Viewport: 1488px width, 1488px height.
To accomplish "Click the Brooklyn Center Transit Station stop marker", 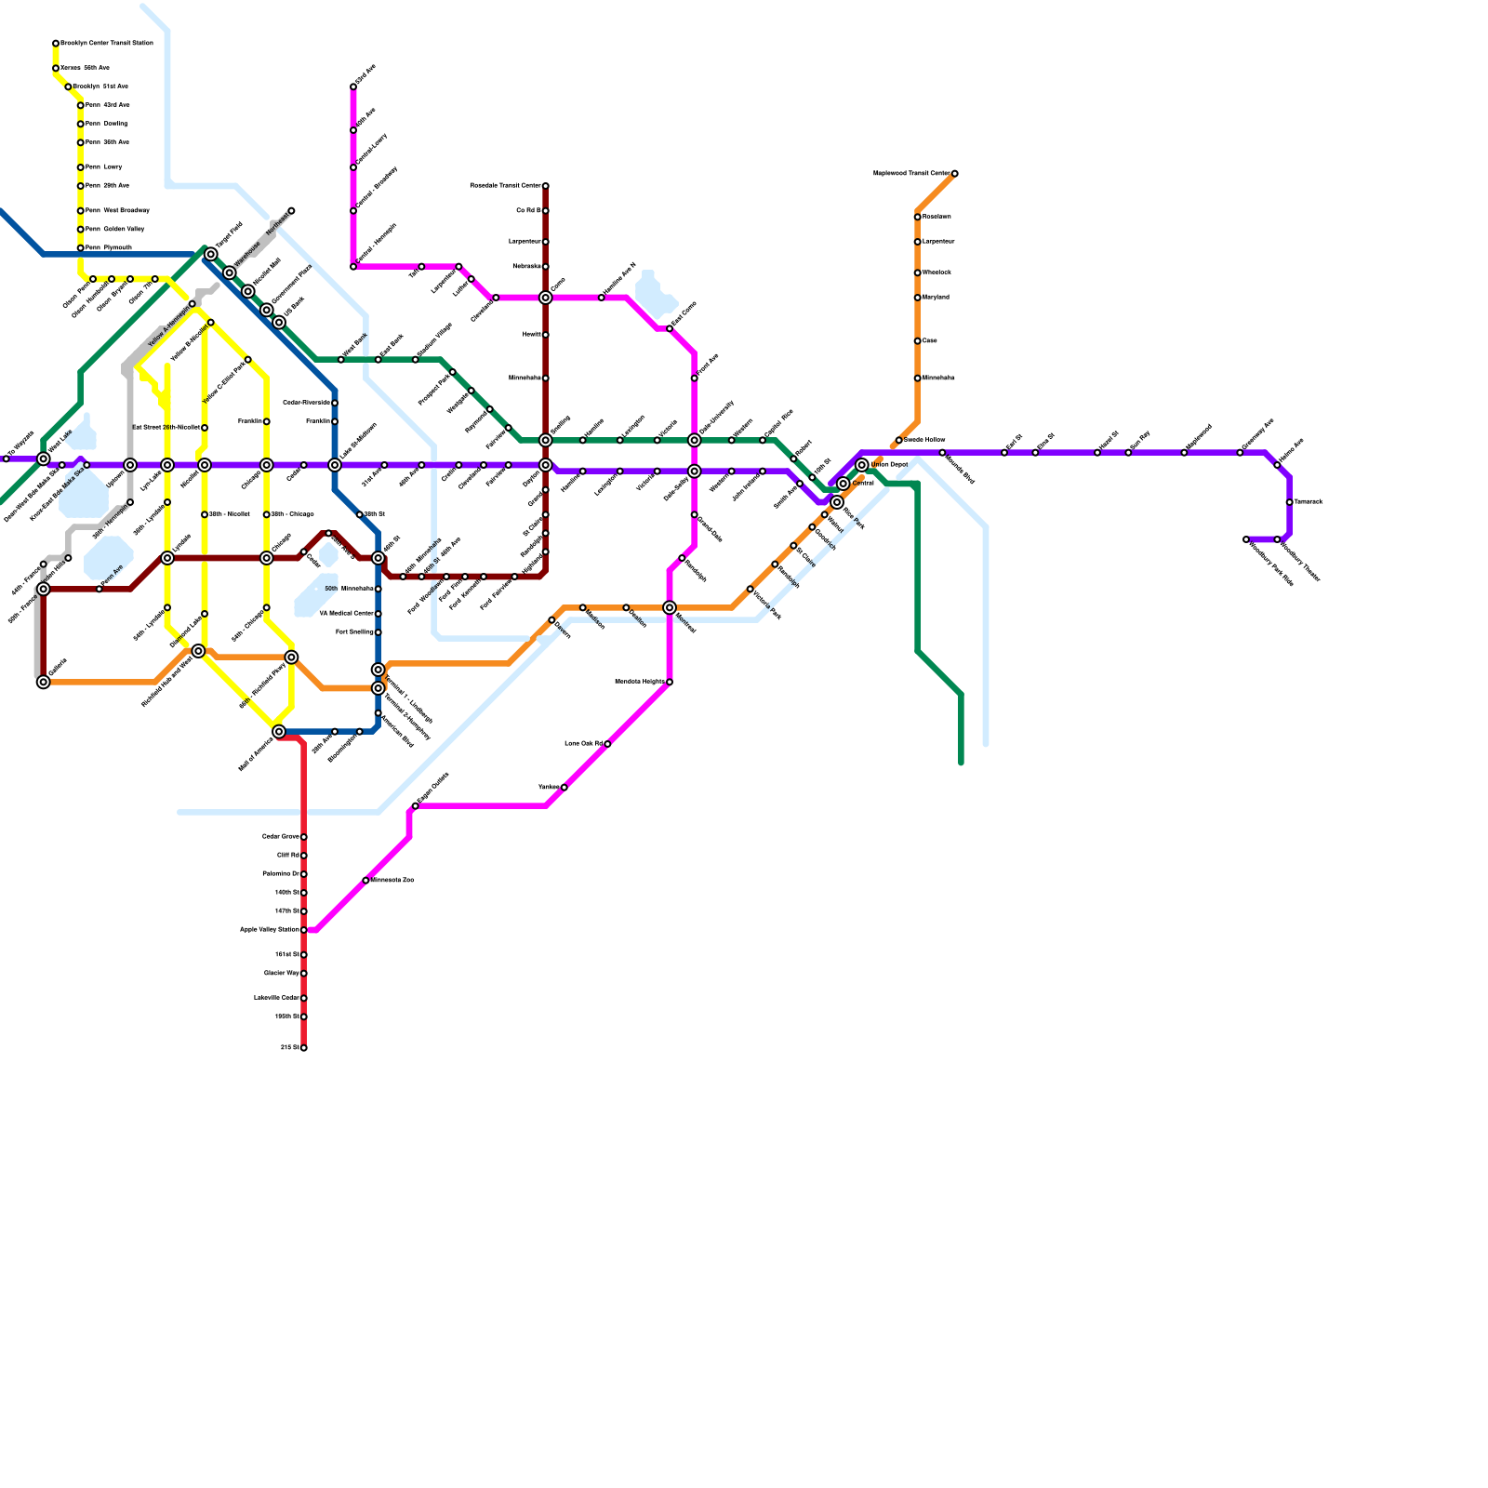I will pos(56,44).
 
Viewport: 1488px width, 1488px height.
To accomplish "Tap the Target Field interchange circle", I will pos(211,254).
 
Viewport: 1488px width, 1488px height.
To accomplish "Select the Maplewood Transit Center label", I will pos(911,173).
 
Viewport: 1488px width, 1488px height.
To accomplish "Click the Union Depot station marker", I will pos(862,465).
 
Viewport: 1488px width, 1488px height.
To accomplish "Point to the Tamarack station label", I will pos(1309,502).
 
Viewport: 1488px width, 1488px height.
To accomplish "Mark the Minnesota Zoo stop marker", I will pos(366,880).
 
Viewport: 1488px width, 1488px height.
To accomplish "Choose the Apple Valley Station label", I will pos(270,930).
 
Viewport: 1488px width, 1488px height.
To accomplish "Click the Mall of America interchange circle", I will pos(279,732).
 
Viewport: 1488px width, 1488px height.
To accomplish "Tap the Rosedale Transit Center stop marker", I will pos(546,186).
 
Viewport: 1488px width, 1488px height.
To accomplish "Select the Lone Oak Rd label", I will pos(584,744).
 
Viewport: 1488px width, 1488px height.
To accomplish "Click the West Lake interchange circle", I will pos(44,458).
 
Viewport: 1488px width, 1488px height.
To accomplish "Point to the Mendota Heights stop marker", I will pos(670,683).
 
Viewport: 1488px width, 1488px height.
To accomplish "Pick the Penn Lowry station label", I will pos(104,167).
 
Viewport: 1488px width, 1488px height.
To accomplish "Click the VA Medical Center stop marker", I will pos(379,614).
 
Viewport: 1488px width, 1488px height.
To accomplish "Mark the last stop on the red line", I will pos(304,1048).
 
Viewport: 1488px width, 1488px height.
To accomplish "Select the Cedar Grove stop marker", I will pos(304,837).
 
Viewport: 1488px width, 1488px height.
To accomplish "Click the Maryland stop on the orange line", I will pos(918,298).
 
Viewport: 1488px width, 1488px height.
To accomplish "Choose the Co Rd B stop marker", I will pos(546,211).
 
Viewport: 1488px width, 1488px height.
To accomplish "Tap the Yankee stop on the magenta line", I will pos(565,788).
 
